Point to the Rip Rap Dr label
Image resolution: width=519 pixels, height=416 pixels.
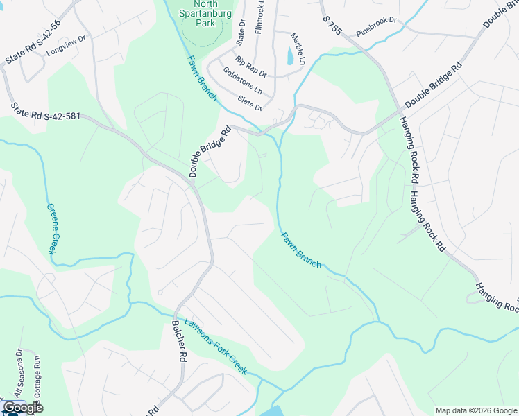pyautogui.click(x=250, y=67)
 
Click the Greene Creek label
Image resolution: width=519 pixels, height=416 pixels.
pyautogui.click(x=53, y=229)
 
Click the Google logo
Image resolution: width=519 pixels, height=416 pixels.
pyautogui.click(x=23, y=408)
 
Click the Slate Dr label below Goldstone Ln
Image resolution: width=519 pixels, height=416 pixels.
pyautogui.click(x=250, y=103)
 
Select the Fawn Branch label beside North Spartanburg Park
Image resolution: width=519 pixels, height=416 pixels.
pyautogui.click(x=203, y=78)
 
